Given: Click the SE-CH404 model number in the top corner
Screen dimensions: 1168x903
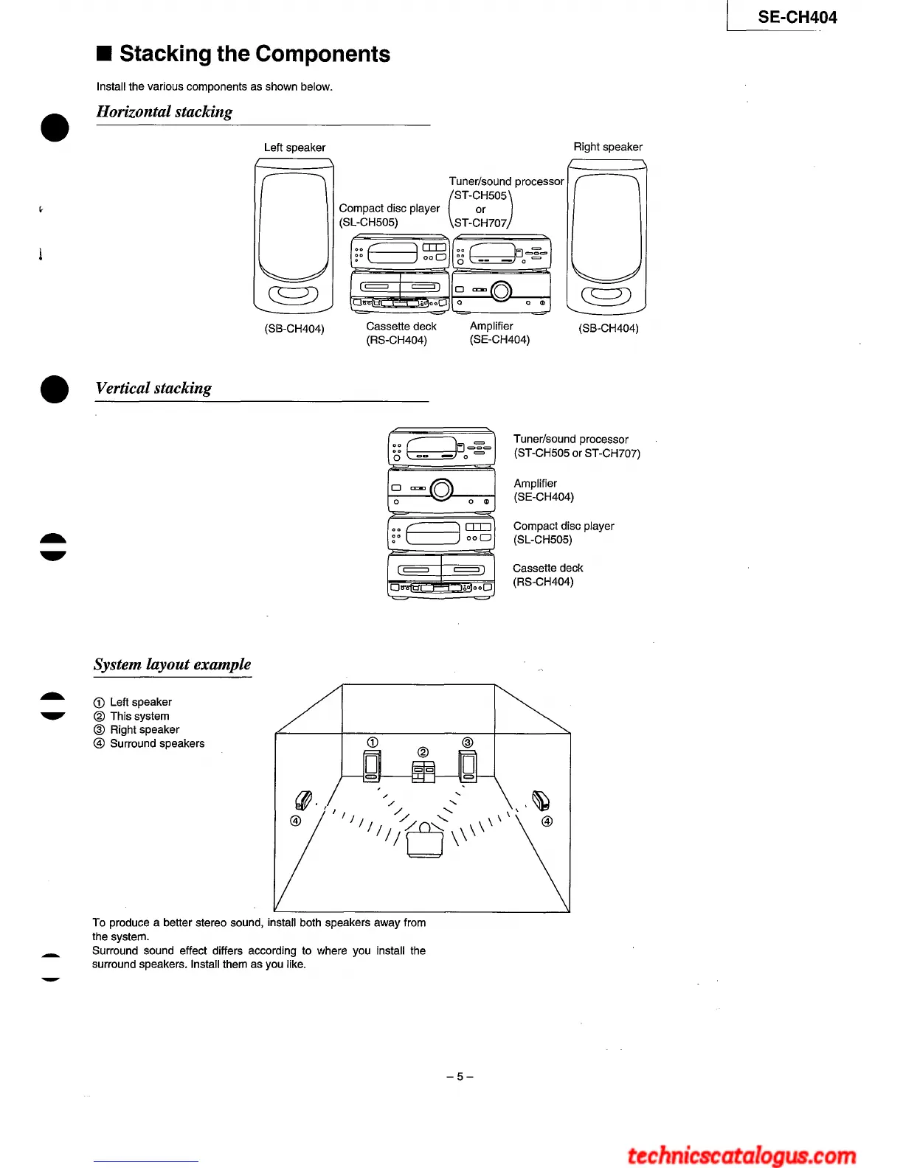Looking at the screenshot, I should [x=797, y=18].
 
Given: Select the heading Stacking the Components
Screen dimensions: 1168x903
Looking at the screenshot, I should [x=255, y=54].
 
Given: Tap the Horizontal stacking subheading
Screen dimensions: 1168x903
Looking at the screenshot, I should [x=165, y=112].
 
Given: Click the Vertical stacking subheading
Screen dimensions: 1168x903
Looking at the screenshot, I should [x=153, y=389].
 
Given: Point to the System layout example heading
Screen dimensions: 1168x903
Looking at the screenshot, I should [x=172, y=664].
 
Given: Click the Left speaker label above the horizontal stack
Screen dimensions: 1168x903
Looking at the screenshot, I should [x=294, y=147].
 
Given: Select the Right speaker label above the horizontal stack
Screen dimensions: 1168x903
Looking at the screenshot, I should [x=608, y=147].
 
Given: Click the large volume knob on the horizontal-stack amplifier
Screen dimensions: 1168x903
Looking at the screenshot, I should [x=501, y=291].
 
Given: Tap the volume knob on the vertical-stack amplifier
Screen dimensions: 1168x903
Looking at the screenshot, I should [x=441, y=489].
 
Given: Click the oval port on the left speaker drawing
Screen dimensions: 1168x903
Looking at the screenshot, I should [x=294, y=295].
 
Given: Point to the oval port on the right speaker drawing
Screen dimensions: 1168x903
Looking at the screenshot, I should [x=606, y=296].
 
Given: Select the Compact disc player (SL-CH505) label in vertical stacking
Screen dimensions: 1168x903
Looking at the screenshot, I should [x=564, y=532].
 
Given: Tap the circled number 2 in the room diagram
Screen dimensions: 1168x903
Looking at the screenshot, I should [x=423, y=752].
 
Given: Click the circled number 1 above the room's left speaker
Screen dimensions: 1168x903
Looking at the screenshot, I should [x=373, y=742].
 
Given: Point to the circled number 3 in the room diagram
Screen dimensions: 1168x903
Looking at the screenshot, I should [x=467, y=742].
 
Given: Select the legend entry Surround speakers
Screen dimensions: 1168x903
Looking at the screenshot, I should [x=156, y=743].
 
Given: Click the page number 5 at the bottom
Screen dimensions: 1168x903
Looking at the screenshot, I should [x=460, y=1077].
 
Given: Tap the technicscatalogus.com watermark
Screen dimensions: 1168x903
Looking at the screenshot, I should [x=741, y=1155].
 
